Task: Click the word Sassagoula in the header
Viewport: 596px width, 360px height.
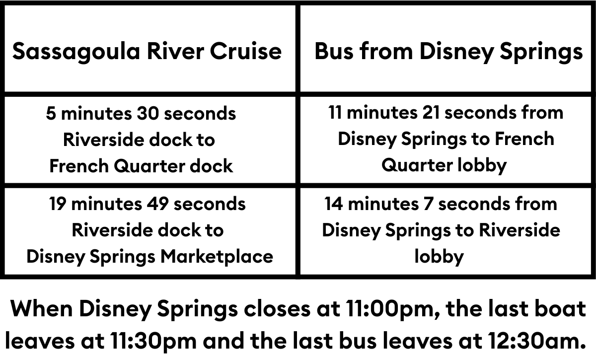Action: [x=76, y=52]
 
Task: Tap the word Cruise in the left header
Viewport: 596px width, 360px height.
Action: [x=245, y=51]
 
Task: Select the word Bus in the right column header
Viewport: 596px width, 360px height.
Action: [x=334, y=51]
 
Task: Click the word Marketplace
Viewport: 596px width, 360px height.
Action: [x=217, y=257]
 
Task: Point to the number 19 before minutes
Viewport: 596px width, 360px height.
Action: [x=58, y=204]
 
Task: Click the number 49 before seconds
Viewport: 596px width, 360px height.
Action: [x=157, y=204]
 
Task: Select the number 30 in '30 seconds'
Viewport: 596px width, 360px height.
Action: [x=148, y=113]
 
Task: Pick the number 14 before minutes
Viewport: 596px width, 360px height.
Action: [x=334, y=204]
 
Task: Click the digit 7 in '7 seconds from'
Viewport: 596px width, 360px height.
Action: [x=428, y=204]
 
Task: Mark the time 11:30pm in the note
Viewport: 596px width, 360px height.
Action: [x=153, y=341]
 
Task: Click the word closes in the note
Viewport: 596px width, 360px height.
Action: [x=277, y=309]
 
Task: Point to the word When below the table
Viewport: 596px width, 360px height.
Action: [x=42, y=309]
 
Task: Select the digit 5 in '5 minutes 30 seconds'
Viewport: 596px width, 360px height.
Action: [x=51, y=113]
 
